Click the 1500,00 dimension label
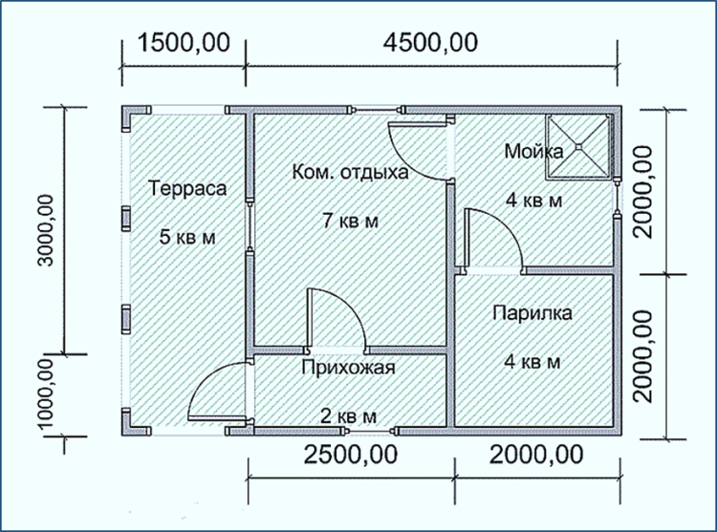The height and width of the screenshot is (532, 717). coord(184,43)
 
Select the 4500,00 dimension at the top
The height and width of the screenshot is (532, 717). coord(431,43)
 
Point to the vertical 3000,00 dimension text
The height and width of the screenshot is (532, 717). coord(46,230)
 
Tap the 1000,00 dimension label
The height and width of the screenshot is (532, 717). coord(46,394)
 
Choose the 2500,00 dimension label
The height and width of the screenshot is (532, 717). coord(351,455)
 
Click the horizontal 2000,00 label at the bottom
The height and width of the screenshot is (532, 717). coord(536,455)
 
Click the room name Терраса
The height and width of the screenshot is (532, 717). coord(187,188)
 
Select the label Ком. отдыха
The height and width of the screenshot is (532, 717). coord(350,173)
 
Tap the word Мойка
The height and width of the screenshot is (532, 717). coord(533,151)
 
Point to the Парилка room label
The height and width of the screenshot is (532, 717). coord(532,313)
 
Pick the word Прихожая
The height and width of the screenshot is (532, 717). coord(348,368)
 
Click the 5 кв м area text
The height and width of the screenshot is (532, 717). coord(187,238)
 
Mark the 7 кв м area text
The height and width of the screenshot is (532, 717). coord(351,221)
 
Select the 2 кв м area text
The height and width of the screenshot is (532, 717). coord(348,416)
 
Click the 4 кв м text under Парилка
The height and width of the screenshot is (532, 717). coord(532,362)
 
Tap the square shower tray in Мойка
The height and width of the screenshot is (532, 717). coord(578,146)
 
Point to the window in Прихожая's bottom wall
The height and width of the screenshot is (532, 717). coord(370,431)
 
